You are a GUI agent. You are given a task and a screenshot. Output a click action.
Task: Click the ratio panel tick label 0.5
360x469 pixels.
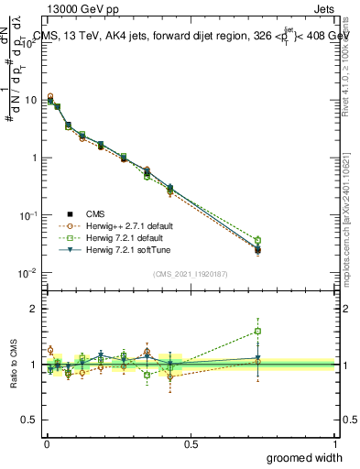(x=29, y=421)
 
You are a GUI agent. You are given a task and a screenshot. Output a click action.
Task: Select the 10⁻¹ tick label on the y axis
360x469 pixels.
(x=27, y=215)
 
